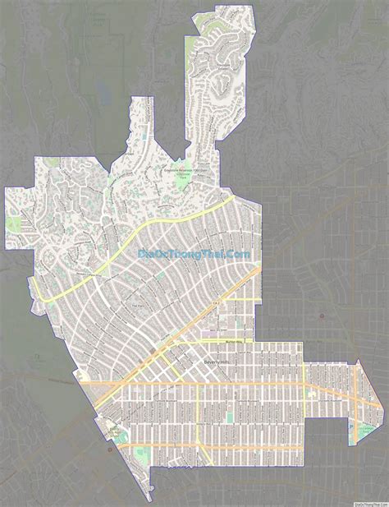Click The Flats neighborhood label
136,305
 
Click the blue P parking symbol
209,330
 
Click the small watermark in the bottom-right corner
371,502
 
